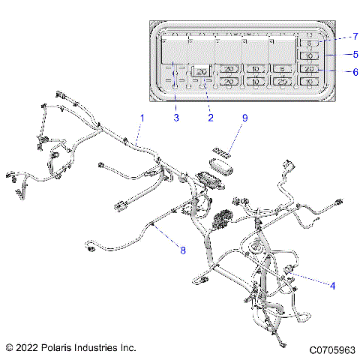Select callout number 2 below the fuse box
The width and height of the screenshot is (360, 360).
(x=211, y=118)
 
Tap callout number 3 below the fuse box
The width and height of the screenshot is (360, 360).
(x=176, y=118)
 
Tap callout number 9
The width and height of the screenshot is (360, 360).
(x=244, y=118)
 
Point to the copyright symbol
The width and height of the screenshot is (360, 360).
(x=9, y=348)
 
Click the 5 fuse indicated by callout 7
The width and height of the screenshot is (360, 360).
(x=308, y=44)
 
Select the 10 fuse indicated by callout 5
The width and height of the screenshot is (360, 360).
(x=308, y=56)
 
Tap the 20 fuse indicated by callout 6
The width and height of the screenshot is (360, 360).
(x=308, y=69)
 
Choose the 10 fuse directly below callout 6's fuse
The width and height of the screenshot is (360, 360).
(x=308, y=80)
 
